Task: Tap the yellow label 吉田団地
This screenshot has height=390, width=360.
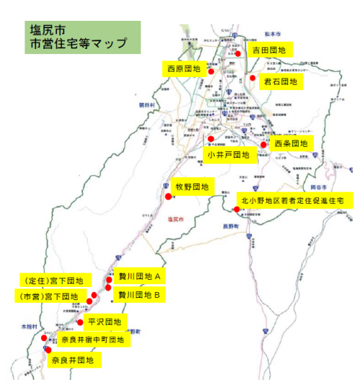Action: [x=269, y=50]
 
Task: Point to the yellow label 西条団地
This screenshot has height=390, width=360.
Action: [x=291, y=144]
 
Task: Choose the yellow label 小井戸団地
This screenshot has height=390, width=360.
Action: [x=228, y=155]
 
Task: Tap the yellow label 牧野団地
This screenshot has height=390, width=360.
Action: [x=191, y=187]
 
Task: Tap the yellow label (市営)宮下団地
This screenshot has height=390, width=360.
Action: [x=47, y=296]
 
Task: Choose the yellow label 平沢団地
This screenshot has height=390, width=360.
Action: [x=105, y=322]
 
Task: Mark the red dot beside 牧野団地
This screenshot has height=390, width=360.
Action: [x=168, y=196]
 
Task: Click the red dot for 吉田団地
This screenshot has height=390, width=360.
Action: [x=237, y=53]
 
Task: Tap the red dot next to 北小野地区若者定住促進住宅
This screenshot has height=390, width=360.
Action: [x=237, y=209]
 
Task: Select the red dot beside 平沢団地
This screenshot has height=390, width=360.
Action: [x=80, y=322]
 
